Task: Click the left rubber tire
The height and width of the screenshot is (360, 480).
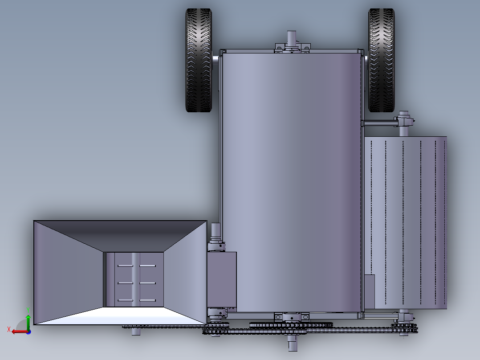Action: (x=199, y=60)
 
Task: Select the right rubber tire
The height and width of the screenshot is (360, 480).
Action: (x=382, y=60)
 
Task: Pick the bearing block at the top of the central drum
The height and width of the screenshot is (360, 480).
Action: (x=292, y=48)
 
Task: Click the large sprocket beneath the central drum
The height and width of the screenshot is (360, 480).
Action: (x=292, y=325)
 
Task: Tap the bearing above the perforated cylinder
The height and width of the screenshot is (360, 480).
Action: (x=404, y=120)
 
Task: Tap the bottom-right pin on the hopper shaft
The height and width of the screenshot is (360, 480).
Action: (x=147, y=301)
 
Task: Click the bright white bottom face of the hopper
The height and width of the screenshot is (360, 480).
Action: (x=120, y=315)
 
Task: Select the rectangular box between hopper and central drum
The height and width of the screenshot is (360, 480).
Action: (x=222, y=281)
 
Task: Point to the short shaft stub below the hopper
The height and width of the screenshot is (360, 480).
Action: (x=135, y=331)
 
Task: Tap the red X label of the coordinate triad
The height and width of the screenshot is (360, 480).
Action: (x=9, y=330)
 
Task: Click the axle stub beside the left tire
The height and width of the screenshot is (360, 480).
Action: (x=216, y=58)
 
